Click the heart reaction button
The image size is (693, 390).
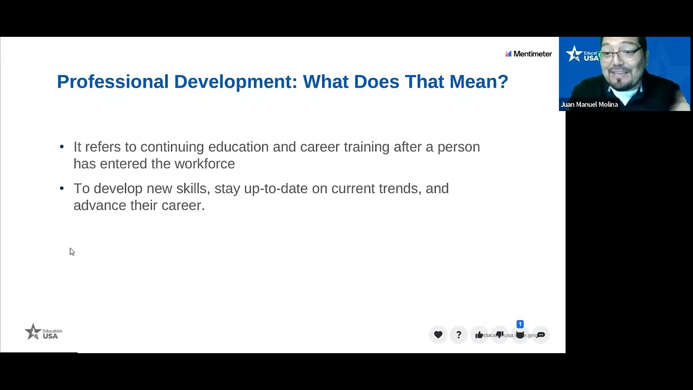(x=438, y=335)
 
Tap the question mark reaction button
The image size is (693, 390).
(x=459, y=335)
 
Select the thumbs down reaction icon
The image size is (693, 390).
(x=500, y=335)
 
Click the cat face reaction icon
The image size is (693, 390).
(x=520, y=335)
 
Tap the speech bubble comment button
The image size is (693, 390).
(x=541, y=335)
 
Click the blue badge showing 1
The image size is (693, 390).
(x=520, y=324)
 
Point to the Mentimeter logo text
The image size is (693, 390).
(x=532, y=54)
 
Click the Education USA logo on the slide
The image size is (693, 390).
(x=43, y=331)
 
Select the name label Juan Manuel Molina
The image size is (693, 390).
(x=589, y=105)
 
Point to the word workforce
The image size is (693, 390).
(x=204, y=164)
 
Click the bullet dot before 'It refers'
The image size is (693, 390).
(x=62, y=147)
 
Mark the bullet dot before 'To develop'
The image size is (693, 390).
(x=62, y=188)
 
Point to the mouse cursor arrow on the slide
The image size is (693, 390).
(x=71, y=251)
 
